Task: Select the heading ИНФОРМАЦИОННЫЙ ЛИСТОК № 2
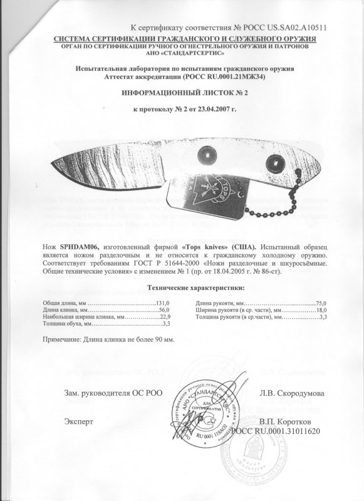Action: (x=182, y=91)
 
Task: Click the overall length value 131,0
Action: (x=162, y=302)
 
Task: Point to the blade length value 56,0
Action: (x=164, y=310)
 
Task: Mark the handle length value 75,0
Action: (x=322, y=302)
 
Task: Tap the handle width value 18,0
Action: (x=322, y=310)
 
